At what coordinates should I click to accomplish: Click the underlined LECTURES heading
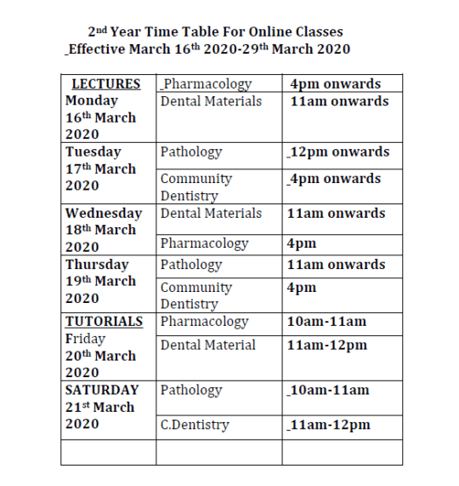point(106,84)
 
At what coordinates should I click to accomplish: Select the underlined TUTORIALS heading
point(105,322)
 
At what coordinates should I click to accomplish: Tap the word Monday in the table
point(92,100)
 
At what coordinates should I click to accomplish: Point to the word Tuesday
point(93,152)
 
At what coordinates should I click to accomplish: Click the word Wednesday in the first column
point(104,213)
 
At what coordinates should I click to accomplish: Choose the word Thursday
point(97,264)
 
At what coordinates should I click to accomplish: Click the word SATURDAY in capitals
point(102,390)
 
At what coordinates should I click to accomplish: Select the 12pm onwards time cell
point(339,152)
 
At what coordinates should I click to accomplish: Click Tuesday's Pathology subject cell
point(191,152)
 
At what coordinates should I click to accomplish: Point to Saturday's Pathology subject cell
point(191,390)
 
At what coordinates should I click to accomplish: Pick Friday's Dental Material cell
point(208,345)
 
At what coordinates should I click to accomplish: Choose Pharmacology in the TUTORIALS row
point(204,322)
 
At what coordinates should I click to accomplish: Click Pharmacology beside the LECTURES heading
point(207,84)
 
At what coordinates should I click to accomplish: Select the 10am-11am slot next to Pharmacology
point(327,322)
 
